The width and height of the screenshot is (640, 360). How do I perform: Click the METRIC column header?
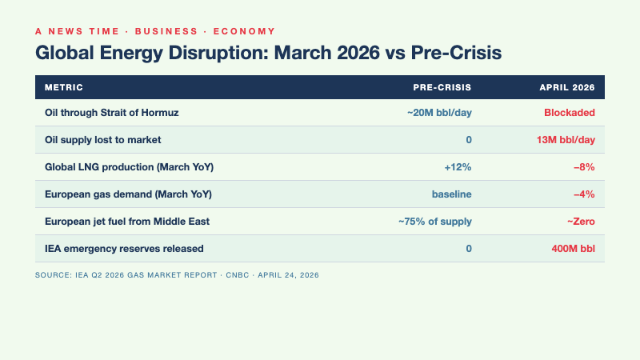pyautogui.click(x=64, y=86)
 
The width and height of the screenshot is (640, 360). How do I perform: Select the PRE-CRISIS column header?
pyautogui.click(x=442, y=86)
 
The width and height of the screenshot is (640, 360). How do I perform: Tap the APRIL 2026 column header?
pyautogui.click(x=568, y=86)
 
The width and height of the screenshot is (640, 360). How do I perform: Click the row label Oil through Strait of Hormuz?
pyautogui.click(x=111, y=113)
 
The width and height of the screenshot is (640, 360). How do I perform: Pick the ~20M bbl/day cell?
pyautogui.click(x=439, y=113)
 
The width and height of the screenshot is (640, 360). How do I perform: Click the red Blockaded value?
pyautogui.click(x=570, y=113)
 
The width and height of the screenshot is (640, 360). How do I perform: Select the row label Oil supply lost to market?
pyautogui.click(x=103, y=140)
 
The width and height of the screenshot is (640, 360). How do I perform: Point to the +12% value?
pyautogui.click(x=458, y=167)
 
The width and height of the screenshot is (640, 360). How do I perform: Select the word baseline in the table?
pyautogui.click(x=452, y=194)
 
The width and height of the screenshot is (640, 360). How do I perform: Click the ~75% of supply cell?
pyautogui.click(x=435, y=222)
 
